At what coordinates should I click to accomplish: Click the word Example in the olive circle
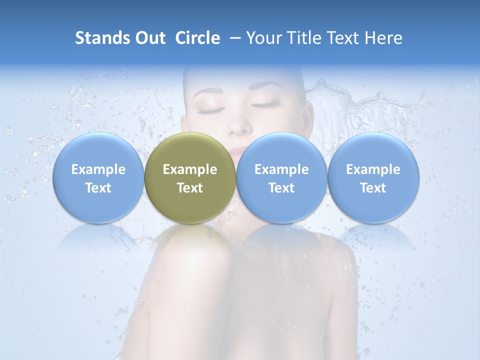click(x=190, y=169)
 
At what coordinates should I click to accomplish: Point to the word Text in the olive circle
click(x=190, y=188)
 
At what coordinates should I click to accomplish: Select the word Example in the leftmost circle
click(x=98, y=169)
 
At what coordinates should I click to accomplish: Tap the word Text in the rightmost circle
click(x=373, y=188)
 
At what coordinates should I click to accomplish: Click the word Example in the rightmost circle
click(x=373, y=169)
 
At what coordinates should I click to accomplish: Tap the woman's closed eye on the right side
click(x=268, y=104)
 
